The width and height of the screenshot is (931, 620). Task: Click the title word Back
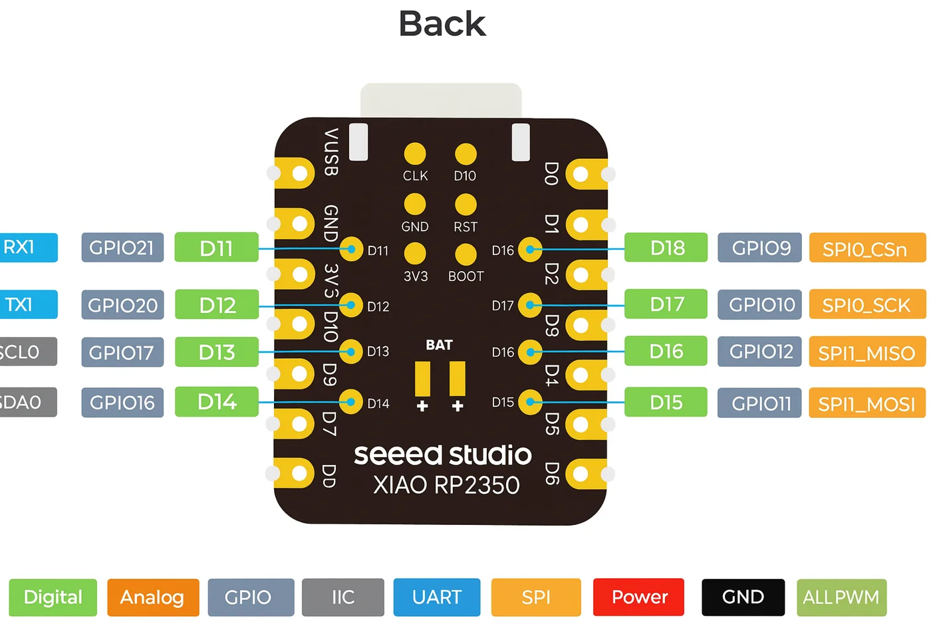(x=442, y=24)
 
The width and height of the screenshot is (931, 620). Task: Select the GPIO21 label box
(x=122, y=247)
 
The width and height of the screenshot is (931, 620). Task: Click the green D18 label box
(x=666, y=247)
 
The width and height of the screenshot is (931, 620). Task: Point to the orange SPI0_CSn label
(x=867, y=248)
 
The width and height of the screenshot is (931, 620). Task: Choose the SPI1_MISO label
(x=867, y=352)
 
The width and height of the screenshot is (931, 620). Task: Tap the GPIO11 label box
(x=759, y=403)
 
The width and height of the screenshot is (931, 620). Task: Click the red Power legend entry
(x=639, y=597)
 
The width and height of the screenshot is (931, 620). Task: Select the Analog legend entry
(x=153, y=597)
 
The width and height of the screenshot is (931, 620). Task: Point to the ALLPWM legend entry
(x=842, y=597)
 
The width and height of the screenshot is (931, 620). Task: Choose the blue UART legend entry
(x=437, y=597)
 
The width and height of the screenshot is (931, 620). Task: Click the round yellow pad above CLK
(x=415, y=154)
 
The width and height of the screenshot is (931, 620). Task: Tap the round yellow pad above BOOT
(x=465, y=254)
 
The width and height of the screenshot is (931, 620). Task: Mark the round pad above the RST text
(x=465, y=204)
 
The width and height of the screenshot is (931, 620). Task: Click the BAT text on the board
(x=440, y=345)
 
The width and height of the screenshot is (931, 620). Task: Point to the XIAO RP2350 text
(x=446, y=484)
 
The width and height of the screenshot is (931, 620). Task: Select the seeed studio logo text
(x=443, y=455)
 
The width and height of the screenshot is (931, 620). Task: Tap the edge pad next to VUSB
(x=295, y=173)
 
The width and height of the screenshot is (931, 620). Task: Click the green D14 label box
(x=217, y=402)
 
